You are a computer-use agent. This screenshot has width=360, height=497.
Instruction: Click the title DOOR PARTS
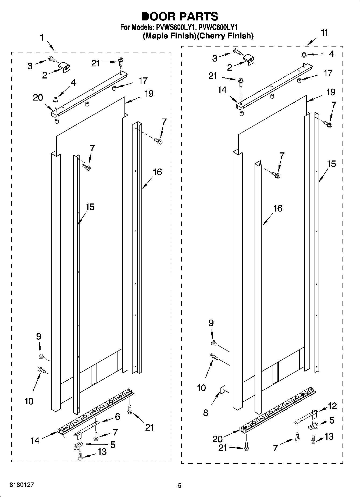pos(180,16)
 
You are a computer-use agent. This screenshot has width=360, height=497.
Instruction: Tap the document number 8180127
pos(22,484)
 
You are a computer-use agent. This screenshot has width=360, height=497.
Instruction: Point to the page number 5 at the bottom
pos(180,485)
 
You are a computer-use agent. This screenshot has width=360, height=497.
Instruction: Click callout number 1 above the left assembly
pos(42,38)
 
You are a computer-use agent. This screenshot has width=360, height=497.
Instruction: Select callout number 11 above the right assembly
pos(325,33)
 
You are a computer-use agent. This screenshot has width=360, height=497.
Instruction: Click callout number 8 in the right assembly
pos(206,413)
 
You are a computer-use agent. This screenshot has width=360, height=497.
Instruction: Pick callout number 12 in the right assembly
pos(332,406)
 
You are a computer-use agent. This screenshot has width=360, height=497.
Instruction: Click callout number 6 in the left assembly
pos(117,417)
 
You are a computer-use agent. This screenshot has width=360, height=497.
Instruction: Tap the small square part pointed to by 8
pos(223,390)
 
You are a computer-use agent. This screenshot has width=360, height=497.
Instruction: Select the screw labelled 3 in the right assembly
pos(237,51)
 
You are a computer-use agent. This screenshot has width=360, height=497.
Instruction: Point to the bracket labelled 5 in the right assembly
pos(313,426)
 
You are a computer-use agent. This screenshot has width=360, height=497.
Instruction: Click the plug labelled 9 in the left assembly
pos(41,356)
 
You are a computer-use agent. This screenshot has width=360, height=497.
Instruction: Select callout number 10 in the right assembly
pos(201,388)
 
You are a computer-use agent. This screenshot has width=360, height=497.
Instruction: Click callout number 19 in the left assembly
pos(149,94)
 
